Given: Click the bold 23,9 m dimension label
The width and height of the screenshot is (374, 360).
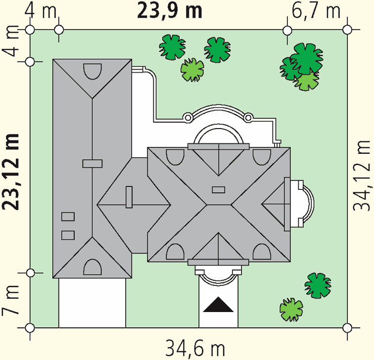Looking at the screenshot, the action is pyautogui.click(x=170, y=11).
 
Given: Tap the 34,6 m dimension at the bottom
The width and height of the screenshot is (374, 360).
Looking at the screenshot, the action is pyautogui.click(x=195, y=349).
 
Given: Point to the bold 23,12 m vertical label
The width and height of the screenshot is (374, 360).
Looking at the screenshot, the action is pyautogui.click(x=11, y=172).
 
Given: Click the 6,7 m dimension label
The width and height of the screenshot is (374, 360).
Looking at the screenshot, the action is pyautogui.click(x=316, y=11).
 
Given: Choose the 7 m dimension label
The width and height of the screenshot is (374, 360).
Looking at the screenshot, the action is pyautogui.click(x=10, y=300).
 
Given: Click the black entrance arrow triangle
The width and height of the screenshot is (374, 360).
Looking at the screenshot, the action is pyautogui.click(x=218, y=305).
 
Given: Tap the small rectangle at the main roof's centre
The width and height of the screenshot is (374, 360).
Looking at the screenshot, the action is pyautogui.click(x=219, y=190).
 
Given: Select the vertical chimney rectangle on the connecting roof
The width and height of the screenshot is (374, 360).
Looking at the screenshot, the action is pyautogui.click(x=129, y=197).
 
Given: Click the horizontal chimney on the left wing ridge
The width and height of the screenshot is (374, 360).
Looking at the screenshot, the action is pyautogui.click(x=93, y=164).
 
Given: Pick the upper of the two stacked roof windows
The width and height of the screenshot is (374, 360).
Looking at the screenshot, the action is pyautogui.click(x=68, y=217).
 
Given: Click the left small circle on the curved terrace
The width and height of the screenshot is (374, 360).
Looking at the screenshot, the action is pyautogui.click(x=187, y=118).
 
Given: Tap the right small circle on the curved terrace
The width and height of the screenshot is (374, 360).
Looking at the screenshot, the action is pyautogui.click(x=248, y=118).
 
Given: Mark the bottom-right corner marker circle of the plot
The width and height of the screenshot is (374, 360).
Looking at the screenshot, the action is pyautogui.click(x=347, y=328).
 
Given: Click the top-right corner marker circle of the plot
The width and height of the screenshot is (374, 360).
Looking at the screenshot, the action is pyautogui.click(x=347, y=30).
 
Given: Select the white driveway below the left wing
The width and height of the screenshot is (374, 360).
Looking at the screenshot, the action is pyautogui.click(x=92, y=303).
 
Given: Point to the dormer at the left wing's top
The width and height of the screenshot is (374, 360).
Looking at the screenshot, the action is pyautogui.click(x=93, y=71).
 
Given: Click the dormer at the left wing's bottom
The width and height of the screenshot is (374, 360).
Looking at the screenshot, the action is pyautogui.click(x=93, y=267).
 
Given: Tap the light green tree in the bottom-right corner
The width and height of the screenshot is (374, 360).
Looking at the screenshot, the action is pyautogui.click(x=291, y=310).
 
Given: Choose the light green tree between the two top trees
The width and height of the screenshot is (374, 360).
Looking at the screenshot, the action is pyautogui.click(x=192, y=70).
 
